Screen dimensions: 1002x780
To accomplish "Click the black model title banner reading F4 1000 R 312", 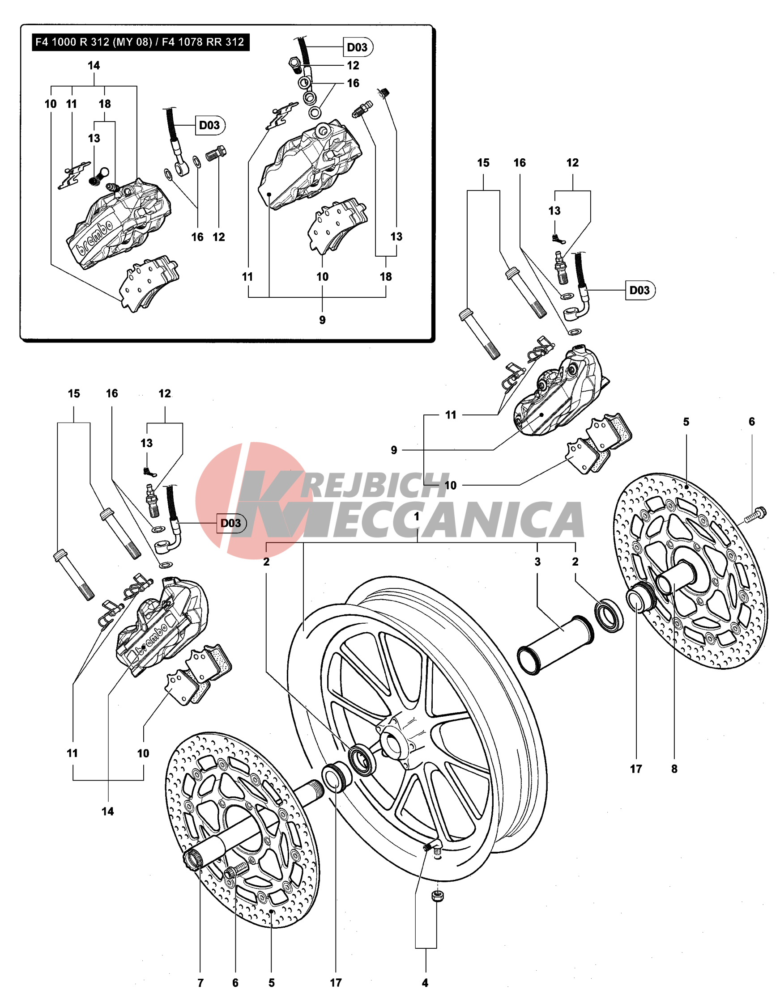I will pyautogui.click(x=140, y=42).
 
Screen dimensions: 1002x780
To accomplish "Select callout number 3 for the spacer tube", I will pyautogui.click(x=537, y=562).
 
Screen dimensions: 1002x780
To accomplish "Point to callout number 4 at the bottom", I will pyautogui.click(x=425, y=983).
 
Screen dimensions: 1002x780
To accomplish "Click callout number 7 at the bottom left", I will pyautogui.click(x=200, y=983).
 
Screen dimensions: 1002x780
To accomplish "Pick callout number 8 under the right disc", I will pyautogui.click(x=674, y=769).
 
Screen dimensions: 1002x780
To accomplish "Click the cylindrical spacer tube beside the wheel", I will pyautogui.click(x=555, y=645).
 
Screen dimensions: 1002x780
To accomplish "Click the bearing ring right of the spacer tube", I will pyautogui.click(x=609, y=615).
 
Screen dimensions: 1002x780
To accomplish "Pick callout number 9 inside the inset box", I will pyautogui.click(x=322, y=320).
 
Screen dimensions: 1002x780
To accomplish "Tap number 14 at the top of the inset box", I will pyautogui.click(x=94, y=66).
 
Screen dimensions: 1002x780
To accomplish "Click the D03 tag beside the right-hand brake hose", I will pyautogui.click(x=640, y=291).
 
